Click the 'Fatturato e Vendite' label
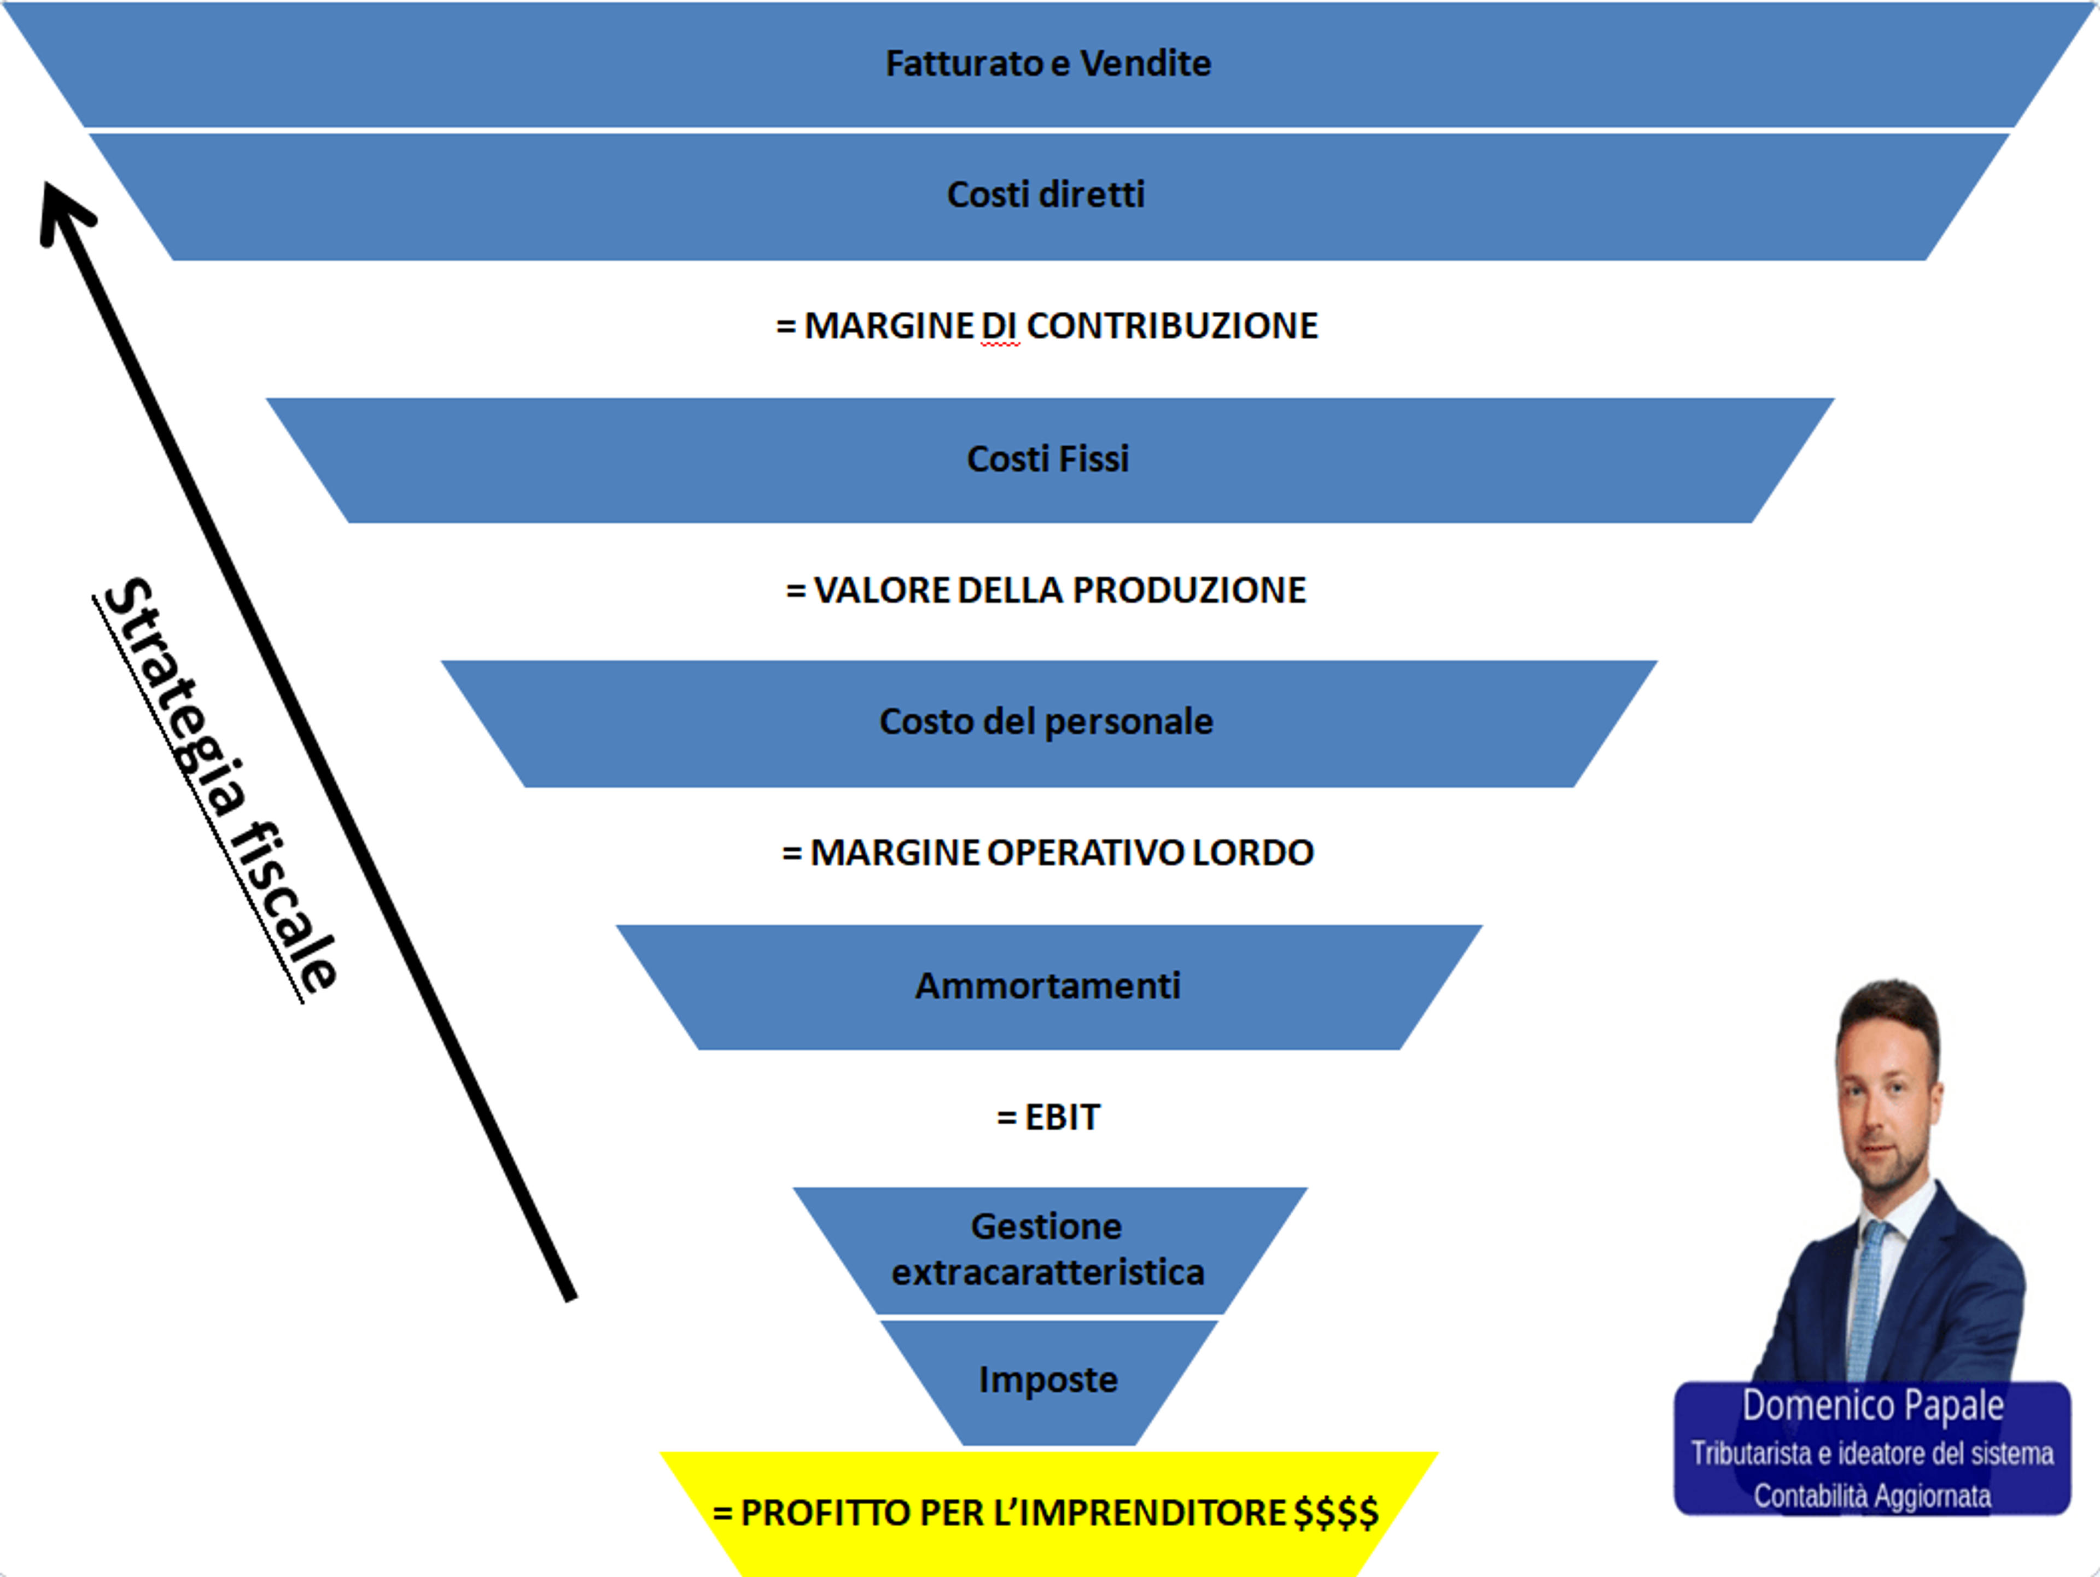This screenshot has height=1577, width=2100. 1048,63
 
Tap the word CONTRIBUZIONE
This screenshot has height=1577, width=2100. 1172,326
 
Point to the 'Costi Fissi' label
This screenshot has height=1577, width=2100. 1048,459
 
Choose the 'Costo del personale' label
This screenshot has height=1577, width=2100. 1046,722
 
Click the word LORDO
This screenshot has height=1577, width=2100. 1253,852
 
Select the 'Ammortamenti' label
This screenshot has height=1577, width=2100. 1048,985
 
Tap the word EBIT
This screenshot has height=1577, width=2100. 1063,1118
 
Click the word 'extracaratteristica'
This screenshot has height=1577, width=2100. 1048,1272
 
